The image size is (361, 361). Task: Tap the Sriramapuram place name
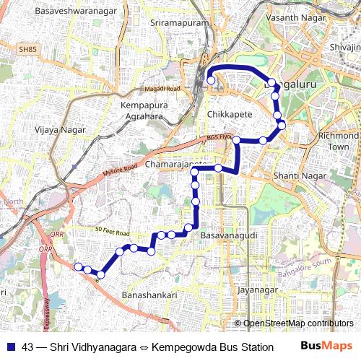click(x=179, y=23)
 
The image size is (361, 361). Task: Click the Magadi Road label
click(x=161, y=88)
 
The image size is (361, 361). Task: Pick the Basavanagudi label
click(x=228, y=236)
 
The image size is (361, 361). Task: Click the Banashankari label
click(x=149, y=296)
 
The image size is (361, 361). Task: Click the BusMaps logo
click(x=326, y=346)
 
